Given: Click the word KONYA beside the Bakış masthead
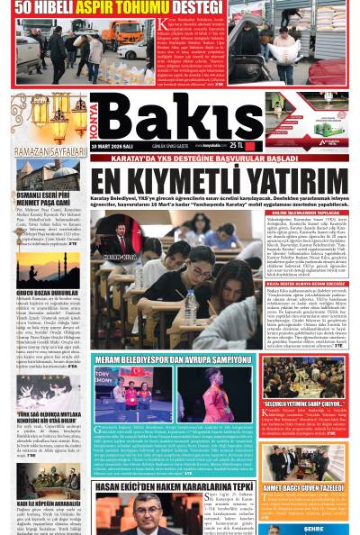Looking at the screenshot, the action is coord(98,118).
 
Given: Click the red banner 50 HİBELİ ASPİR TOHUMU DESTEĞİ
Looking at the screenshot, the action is coord(104,8).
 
